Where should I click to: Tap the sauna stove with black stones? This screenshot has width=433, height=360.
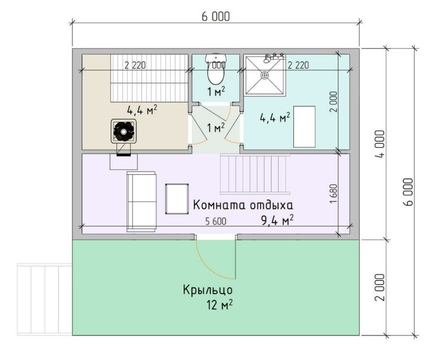tap(124, 131)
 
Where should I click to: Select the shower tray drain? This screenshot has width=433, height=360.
tap(265, 74)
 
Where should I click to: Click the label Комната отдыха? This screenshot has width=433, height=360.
tap(243, 205)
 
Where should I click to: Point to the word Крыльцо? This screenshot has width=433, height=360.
tap(207, 290)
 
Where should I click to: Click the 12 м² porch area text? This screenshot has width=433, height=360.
tap(219, 305)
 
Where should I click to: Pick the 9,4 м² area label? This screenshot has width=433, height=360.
tap(277, 220)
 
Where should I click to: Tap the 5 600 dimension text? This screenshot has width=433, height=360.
tap(216, 221)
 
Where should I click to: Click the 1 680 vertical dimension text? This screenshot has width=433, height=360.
tap(334, 193)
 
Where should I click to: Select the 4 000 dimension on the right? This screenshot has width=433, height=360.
tap(380, 144)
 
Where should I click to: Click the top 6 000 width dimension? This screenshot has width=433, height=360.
tap(216, 17)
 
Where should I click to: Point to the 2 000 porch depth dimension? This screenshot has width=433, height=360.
tap(380, 288)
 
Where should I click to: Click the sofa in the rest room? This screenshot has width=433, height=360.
tap(141, 202)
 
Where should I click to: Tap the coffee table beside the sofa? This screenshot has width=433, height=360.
tap(177, 199)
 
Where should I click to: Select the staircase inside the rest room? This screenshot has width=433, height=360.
tap(255, 174)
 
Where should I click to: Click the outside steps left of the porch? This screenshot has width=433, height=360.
tap(44, 299)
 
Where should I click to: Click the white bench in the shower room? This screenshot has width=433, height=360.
tap(304, 126)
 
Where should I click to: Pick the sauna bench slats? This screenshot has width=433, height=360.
tap(150, 78)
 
